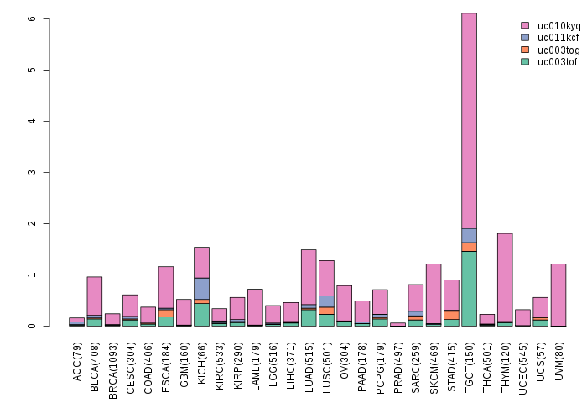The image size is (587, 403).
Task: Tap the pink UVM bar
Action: (558, 295)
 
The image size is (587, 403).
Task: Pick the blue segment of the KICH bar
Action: (201, 288)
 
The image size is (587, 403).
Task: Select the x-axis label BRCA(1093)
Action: (113, 360)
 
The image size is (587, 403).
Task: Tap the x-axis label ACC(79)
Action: (77, 355)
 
